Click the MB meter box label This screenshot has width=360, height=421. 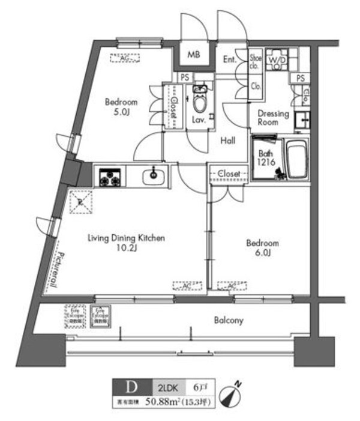pos(193,55)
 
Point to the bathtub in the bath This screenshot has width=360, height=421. pos(296,160)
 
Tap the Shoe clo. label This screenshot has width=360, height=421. pos(254,62)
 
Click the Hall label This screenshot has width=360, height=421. pos(227,141)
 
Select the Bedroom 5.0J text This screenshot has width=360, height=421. pos(122,107)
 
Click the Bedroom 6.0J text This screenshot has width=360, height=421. pos(263,248)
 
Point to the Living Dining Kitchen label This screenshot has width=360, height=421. pos(126,243)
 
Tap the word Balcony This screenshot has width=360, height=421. pos(229,320)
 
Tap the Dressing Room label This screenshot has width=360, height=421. pos(273,118)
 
